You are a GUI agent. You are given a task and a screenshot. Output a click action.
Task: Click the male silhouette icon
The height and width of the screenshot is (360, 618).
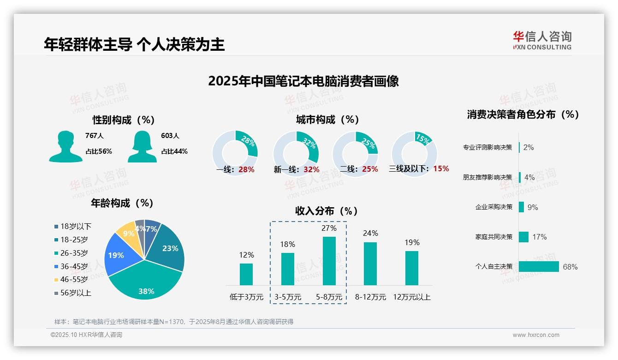pyautogui.click(x=65, y=146)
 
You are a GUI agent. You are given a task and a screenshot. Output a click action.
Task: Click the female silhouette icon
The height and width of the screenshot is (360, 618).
pyautogui.click(x=142, y=146)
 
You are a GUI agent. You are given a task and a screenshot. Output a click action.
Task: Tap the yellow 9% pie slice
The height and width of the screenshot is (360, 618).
pyautogui.click(x=125, y=233)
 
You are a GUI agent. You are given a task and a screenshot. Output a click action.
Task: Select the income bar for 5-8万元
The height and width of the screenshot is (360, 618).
pyautogui.click(x=329, y=261)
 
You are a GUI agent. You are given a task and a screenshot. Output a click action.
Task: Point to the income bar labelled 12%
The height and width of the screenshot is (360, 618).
pyautogui.click(x=246, y=274)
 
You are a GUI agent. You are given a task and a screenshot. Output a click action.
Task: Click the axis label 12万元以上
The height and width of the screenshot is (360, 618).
pyautogui.click(x=412, y=297)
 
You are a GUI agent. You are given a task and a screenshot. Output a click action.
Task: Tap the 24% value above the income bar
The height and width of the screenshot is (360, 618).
pyautogui.click(x=370, y=233)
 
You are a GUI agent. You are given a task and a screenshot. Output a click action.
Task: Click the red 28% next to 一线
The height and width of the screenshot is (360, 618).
pyautogui.click(x=246, y=169)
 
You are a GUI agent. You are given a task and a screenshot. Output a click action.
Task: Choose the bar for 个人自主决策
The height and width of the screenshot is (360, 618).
pyautogui.click(x=539, y=266)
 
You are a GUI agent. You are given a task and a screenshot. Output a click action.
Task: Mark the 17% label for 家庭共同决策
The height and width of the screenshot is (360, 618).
pyautogui.click(x=539, y=237)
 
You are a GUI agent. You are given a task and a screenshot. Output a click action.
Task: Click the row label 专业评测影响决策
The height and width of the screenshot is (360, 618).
pyautogui.click(x=487, y=148)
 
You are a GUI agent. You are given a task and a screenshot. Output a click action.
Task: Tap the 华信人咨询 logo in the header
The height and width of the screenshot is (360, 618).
pyautogui.click(x=542, y=40)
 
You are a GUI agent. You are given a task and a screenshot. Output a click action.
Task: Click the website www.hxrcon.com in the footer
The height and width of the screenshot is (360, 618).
pyautogui.click(x=536, y=335)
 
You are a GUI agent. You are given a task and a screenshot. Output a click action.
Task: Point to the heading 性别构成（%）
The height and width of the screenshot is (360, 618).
pyautogui.click(x=123, y=120)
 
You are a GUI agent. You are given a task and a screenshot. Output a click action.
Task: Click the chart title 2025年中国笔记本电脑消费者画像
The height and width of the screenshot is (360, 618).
pyautogui.click(x=303, y=81)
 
